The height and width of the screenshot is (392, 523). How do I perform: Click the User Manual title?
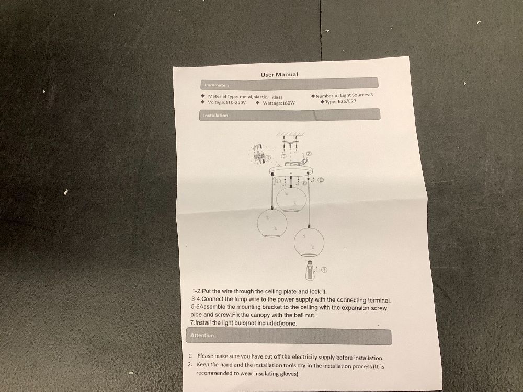[279, 74]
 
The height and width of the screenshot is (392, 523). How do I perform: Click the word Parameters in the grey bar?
[217, 85]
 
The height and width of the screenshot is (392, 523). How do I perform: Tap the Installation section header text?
[215, 116]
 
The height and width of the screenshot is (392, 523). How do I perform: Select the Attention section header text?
[202, 336]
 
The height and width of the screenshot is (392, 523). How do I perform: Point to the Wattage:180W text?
[279, 102]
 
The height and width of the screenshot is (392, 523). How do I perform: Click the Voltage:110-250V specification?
[226, 102]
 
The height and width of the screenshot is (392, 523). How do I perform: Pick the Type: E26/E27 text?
[340, 101]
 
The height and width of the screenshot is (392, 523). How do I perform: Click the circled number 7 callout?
[324, 269]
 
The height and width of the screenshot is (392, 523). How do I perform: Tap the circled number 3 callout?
[309, 154]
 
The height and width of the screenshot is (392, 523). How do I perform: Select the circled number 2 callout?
[321, 180]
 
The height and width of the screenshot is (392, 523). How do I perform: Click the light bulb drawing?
[310, 270]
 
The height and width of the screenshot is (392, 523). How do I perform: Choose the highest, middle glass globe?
[291, 199]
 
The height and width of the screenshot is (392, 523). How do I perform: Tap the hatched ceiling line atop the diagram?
[290, 134]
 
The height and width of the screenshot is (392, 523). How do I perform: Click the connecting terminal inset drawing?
[259, 154]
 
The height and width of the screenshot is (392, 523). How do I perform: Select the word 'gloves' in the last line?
[289, 374]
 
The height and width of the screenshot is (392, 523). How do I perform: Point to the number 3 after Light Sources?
[371, 95]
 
